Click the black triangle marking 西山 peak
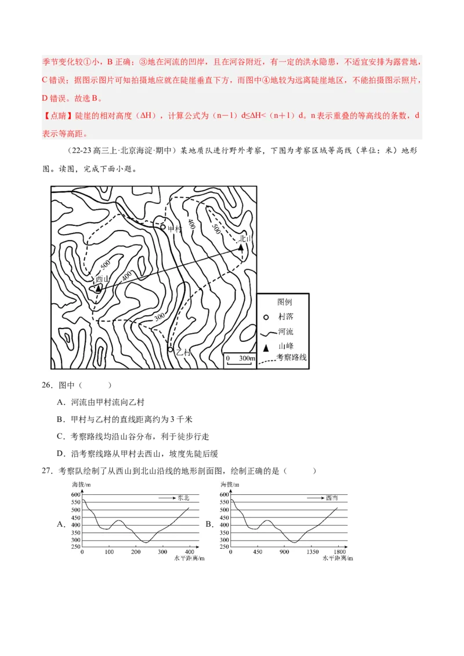pyautogui.click(x=98, y=288)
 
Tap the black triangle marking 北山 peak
pyautogui.click(x=241, y=247)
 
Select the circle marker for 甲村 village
pyautogui.click(x=163, y=227)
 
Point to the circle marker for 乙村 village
pyautogui.click(x=171, y=349)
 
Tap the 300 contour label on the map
pyautogui.click(x=160, y=316)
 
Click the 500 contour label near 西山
pyautogui.click(x=105, y=265)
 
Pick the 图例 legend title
pyautogui.click(x=284, y=303)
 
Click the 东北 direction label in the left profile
pyautogui.click(x=183, y=498)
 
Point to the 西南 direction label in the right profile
pyautogui.click(x=332, y=498)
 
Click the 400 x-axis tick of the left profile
pyautogui.click(x=188, y=552)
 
